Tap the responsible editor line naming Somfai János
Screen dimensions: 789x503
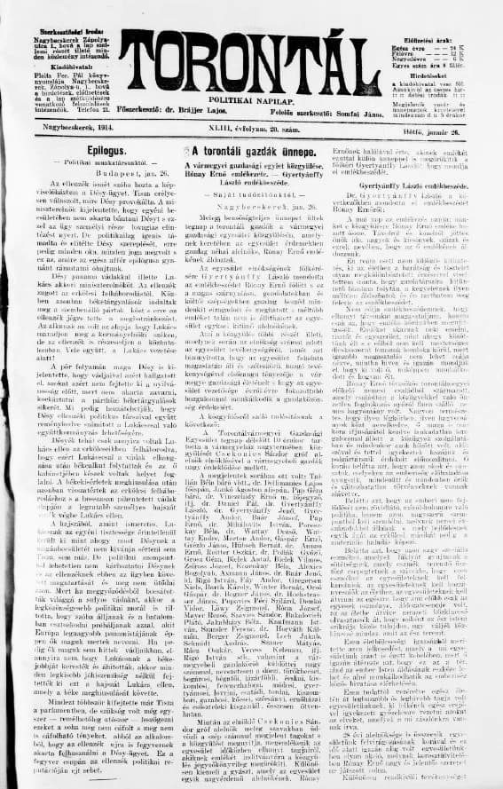pos(331,113)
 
